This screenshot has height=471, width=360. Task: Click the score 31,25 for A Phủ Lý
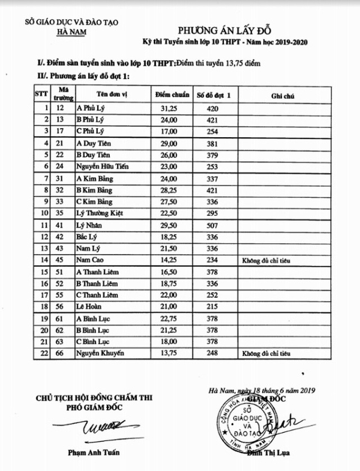point(169,107)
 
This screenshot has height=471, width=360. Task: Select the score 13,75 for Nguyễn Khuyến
point(169,354)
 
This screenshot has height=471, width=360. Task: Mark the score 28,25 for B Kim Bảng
point(169,190)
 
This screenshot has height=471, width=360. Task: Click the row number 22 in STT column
point(42,354)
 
